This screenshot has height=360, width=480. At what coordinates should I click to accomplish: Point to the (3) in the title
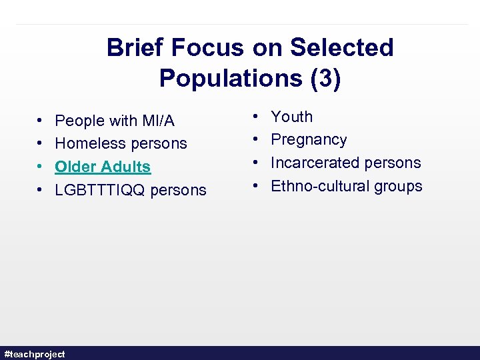[325, 79]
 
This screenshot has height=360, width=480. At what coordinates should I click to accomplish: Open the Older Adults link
[103, 167]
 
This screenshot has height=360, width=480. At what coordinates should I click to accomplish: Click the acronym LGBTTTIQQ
[100, 190]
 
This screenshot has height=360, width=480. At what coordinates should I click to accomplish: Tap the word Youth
[291, 117]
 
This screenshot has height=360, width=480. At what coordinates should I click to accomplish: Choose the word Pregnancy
[309, 140]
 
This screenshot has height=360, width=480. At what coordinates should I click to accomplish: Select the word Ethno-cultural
[320, 186]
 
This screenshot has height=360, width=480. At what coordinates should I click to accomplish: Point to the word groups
[398, 186]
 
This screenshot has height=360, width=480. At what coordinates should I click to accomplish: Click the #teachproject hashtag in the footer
[35, 354]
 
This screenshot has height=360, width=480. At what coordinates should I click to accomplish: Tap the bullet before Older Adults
[41, 167]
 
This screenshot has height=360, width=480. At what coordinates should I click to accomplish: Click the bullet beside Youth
[257, 117]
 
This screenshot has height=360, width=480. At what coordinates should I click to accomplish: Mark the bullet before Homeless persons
[41, 143]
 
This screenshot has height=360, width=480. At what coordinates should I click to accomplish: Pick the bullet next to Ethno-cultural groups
[257, 186]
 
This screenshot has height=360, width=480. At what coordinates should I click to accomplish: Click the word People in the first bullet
[79, 121]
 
